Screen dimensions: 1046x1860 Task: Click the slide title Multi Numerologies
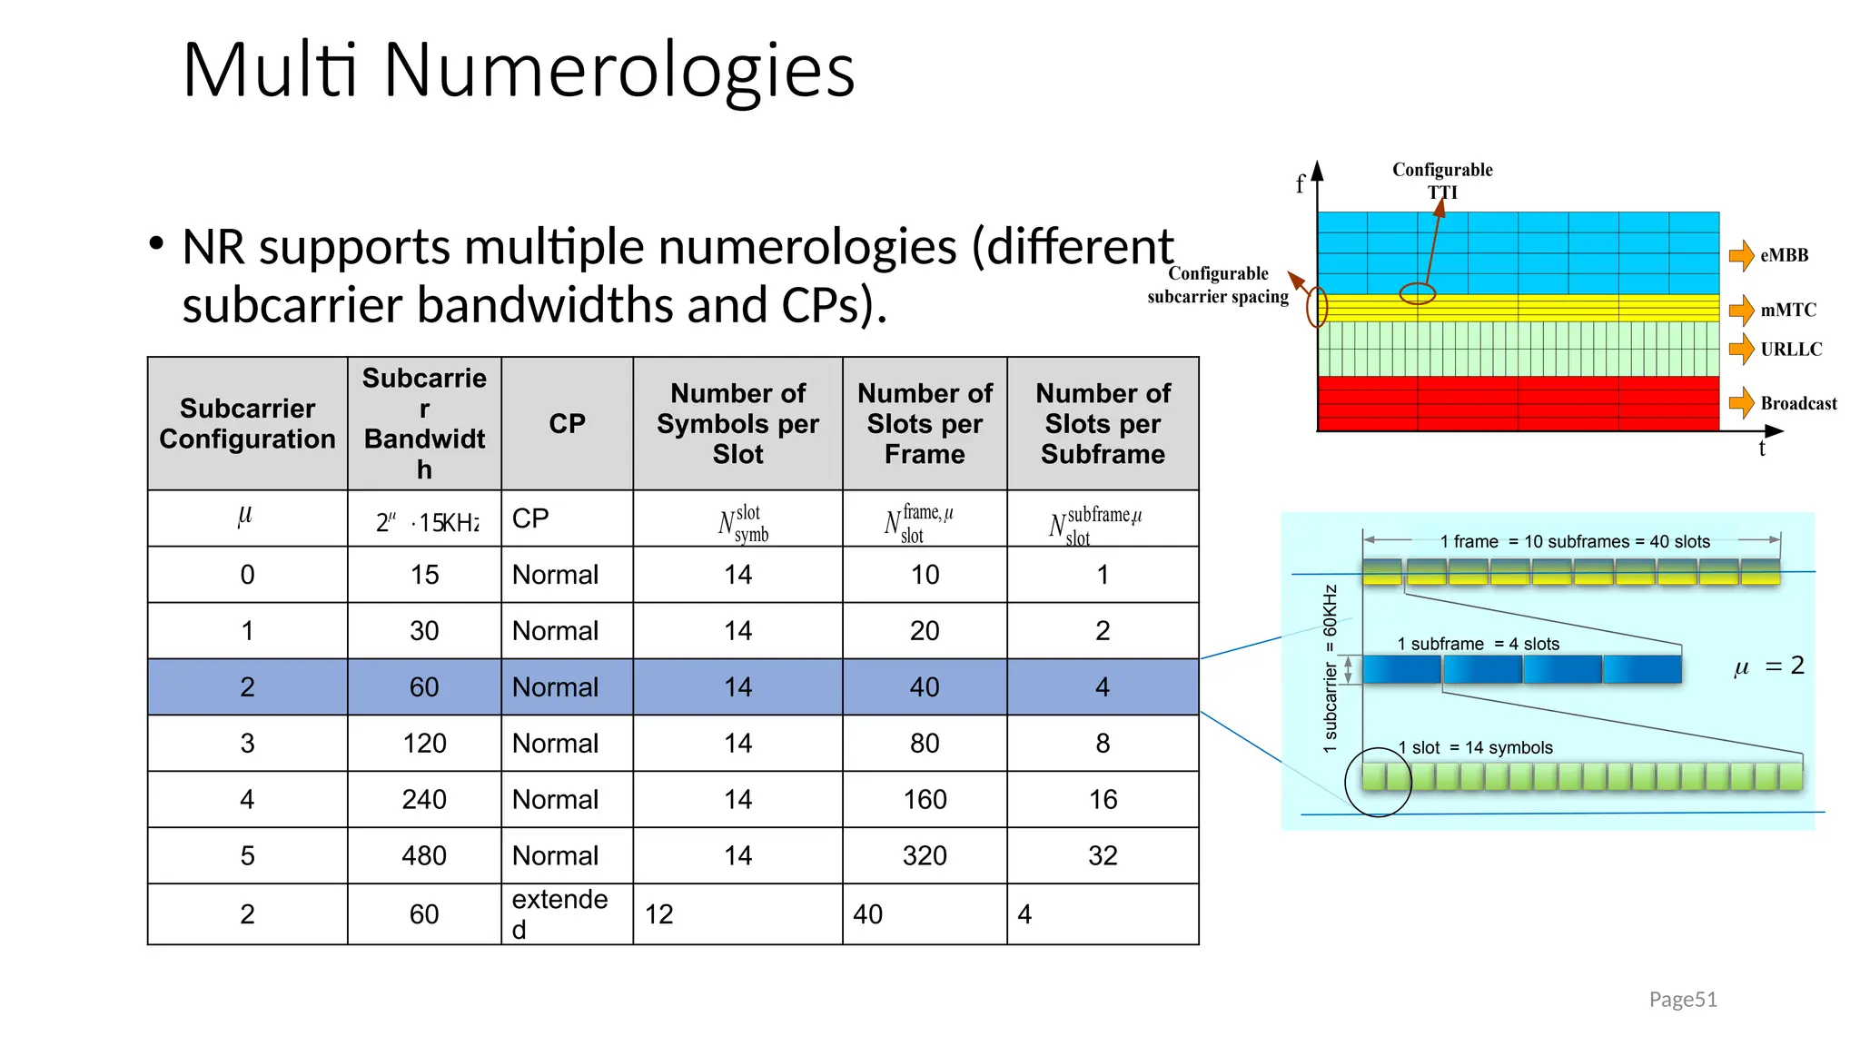coord(518,70)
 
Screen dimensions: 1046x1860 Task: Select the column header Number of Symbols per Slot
coord(737,424)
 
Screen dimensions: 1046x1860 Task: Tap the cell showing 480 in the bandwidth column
coord(424,855)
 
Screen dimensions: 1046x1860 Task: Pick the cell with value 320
coord(925,855)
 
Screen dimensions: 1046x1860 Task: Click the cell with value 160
coord(925,799)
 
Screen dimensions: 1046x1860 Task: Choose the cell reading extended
coord(559,913)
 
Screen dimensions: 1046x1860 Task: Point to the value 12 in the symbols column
coord(659,914)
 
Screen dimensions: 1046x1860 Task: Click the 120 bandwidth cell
coord(424,744)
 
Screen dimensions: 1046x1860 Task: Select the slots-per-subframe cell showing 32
coord(1103,855)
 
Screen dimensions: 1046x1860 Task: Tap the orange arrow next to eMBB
coord(1741,256)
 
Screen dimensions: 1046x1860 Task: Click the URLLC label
coord(1791,350)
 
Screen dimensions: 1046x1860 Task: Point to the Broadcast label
coord(1798,404)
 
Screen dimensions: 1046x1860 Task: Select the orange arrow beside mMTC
coord(1741,311)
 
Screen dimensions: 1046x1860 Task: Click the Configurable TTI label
coord(1442,181)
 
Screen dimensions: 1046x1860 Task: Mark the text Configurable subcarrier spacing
coord(1218,285)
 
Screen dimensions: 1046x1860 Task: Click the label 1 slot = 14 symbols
coord(1475,747)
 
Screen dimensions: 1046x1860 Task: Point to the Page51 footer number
coord(1683,1000)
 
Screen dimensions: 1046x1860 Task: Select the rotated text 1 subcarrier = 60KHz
coord(1331,668)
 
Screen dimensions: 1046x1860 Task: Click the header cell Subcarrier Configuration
coord(247,424)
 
